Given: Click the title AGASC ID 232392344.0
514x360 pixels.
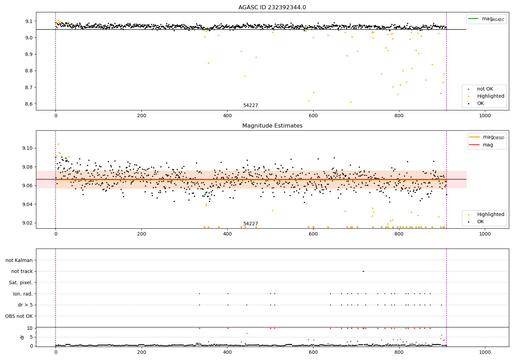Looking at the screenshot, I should [272, 8].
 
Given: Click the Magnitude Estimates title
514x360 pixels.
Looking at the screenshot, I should [272, 126].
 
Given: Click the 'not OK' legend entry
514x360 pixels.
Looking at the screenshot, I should [485, 89].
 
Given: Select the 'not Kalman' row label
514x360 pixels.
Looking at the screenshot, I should [19, 260].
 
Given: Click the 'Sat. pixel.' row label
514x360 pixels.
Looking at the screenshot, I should [21, 283].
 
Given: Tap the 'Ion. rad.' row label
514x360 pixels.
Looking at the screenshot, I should [23, 294].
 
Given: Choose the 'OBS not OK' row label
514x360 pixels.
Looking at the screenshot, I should [19, 316].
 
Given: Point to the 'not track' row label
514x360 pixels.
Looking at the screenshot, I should [22, 272].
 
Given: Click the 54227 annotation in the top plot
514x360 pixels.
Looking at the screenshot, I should [250, 106].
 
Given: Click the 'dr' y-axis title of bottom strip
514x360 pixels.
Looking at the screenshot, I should [22, 337].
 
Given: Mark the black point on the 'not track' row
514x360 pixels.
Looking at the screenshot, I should [363, 271].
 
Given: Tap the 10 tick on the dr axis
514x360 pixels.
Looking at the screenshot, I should [30, 328].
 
